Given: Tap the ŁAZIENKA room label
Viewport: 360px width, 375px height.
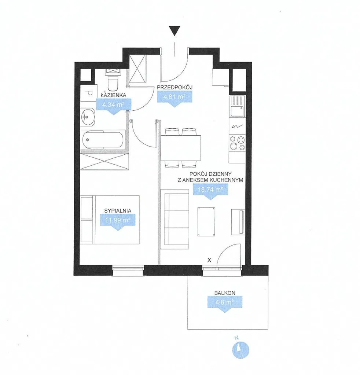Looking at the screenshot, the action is (x=113, y=95).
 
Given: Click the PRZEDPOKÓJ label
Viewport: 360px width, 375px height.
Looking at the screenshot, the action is (x=175, y=87).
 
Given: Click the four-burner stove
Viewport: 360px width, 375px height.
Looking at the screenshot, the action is (x=237, y=143).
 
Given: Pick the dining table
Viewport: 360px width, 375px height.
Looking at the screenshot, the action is (x=181, y=148).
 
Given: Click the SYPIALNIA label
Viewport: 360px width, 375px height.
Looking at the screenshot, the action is (x=118, y=211).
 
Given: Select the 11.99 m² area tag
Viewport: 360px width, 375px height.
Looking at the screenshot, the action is (x=117, y=222).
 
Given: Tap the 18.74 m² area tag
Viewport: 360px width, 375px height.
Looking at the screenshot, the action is (x=210, y=192).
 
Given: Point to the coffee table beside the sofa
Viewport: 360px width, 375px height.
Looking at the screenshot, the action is (x=206, y=222).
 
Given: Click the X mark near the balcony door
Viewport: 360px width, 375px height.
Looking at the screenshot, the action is (x=209, y=260).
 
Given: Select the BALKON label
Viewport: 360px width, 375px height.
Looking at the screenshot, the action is (x=225, y=293).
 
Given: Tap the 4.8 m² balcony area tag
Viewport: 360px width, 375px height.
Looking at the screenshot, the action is (x=225, y=304).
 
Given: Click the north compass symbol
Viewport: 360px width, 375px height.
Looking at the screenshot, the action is (x=240, y=350).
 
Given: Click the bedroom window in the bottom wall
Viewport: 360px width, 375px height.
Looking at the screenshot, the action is (x=128, y=270).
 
